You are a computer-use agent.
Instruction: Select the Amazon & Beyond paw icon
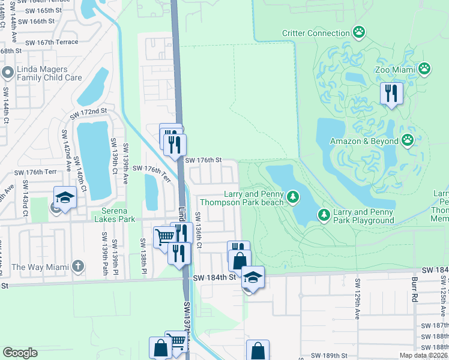click(x=408, y=141)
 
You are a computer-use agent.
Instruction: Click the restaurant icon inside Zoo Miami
click(x=390, y=93)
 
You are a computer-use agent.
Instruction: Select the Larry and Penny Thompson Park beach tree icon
click(x=292, y=197)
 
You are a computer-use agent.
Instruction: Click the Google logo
click(x=20, y=353)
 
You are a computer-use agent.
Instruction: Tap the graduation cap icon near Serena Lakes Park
click(x=65, y=197)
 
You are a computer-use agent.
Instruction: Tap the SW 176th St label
click(x=203, y=160)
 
